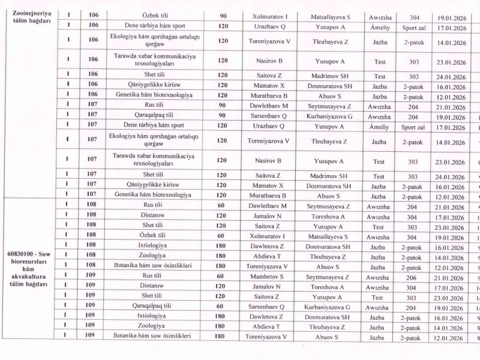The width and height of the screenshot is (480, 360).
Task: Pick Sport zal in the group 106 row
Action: (x=413, y=27)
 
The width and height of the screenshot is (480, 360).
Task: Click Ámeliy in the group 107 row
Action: (x=379, y=127)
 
